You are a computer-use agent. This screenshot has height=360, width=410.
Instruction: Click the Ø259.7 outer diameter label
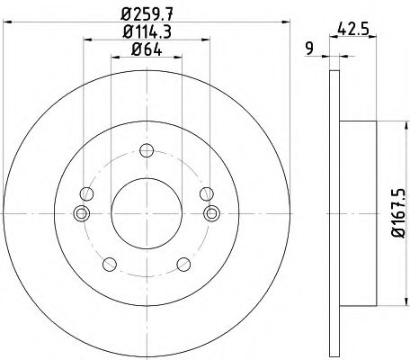coord(147,13)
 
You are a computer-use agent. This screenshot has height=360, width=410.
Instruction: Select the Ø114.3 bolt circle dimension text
coord(147,32)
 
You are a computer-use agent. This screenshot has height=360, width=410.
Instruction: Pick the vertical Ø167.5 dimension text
coord(393,212)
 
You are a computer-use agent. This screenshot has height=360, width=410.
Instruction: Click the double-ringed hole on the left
coord(82,213)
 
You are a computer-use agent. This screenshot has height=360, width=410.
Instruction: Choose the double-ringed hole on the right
coord(212,213)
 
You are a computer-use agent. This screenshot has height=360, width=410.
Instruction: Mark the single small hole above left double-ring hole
coord(85,193)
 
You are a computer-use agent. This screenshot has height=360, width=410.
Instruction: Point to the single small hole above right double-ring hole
coord(208,193)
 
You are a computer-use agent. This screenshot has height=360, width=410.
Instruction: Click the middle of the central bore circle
coord(147,213)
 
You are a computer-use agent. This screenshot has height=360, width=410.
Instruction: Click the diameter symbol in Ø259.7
coord(128,13)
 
